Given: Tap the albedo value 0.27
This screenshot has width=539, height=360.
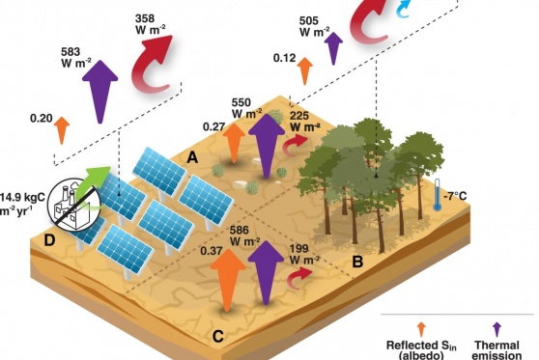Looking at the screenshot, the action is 213,126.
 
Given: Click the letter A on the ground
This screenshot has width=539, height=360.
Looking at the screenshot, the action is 193,156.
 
